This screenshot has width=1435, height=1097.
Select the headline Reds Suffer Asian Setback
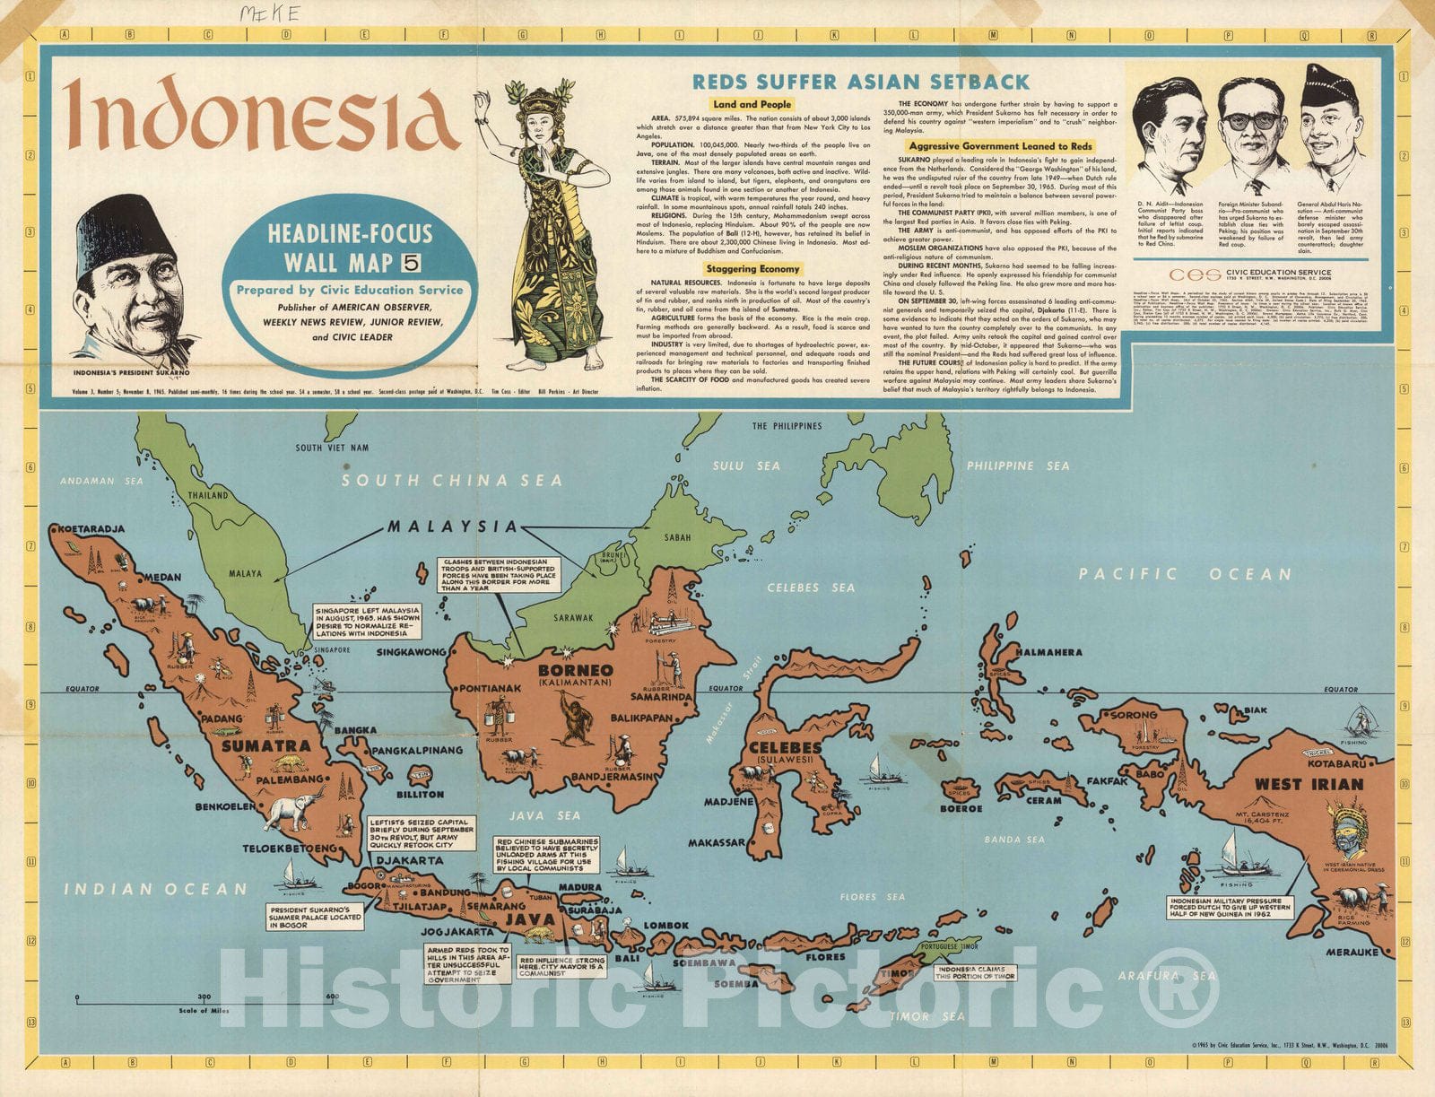point(861,83)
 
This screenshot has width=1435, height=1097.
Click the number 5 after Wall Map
point(412,263)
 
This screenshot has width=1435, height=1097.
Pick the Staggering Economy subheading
point(752,268)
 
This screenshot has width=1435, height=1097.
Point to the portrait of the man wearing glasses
point(1251,135)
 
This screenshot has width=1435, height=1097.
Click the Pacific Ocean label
point(1184,574)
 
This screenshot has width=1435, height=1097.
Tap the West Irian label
point(1309,784)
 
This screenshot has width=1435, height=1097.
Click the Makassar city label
point(717,843)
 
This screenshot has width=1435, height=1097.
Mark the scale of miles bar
point(206,997)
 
